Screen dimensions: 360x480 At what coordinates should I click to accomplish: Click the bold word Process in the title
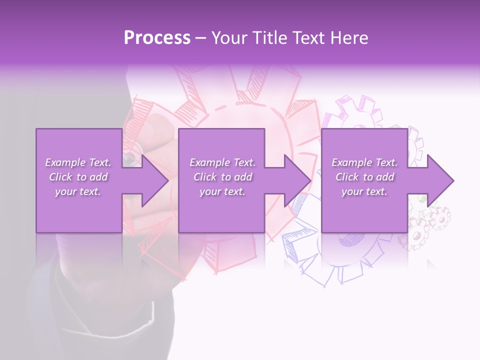(157, 37)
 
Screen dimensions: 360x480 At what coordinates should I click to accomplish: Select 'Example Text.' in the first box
(78, 162)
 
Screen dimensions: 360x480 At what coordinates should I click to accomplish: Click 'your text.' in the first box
(78, 191)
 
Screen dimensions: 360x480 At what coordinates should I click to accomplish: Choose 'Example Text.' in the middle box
(222, 162)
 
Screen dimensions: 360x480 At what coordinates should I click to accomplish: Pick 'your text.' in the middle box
(222, 191)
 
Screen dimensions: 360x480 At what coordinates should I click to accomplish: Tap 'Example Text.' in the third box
(364, 162)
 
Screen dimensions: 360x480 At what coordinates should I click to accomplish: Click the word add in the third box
(385, 177)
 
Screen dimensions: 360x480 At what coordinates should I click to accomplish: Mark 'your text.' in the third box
(364, 191)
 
